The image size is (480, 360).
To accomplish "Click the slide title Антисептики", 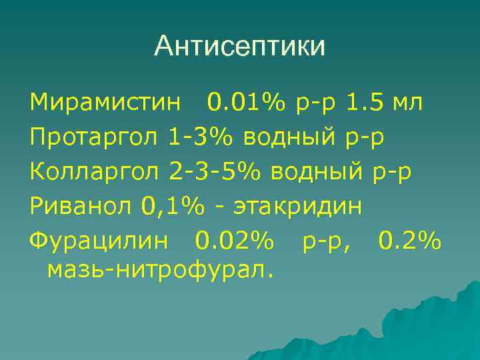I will pyautogui.click(x=240, y=47).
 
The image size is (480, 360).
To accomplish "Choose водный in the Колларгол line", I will pyautogui.click(x=317, y=171).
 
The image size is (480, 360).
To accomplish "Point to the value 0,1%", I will pyautogui.click(x=172, y=206).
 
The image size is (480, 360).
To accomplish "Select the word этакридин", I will pyautogui.click(x=297, y=206).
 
